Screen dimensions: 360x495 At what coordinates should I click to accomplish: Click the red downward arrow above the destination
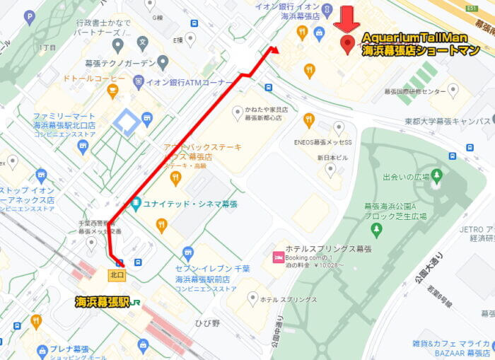(346, 19)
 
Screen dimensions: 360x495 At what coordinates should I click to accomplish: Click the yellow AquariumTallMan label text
(415, 37)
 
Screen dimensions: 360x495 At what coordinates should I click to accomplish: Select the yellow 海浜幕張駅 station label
(103, 302)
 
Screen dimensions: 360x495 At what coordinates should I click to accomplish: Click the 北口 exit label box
(118, 274)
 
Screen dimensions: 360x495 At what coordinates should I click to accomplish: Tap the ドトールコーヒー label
(95, 78)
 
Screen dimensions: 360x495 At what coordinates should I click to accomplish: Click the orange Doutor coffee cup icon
(112, 91)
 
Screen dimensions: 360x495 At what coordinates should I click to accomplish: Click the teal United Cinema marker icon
(135, 204)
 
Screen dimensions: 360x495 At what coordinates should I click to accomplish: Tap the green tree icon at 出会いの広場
(436, 175)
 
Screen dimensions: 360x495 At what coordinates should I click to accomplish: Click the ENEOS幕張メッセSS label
(322, 142)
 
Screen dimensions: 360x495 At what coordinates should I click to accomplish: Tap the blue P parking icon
(29, 16)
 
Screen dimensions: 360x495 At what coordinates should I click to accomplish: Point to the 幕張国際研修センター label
(415, 92)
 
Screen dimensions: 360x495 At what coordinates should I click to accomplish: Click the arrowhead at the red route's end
(274, 50)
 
